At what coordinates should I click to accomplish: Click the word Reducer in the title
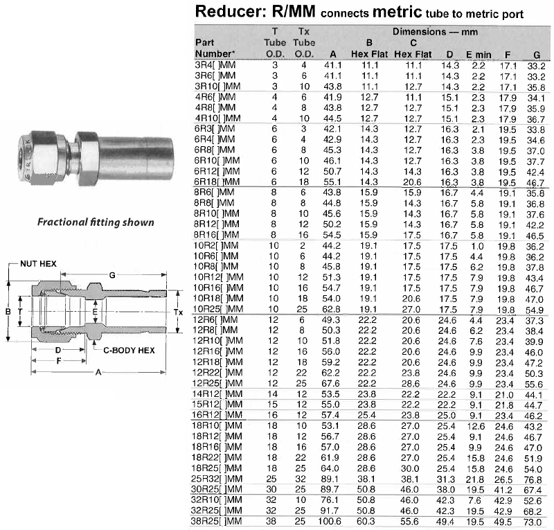(x=231, y=11)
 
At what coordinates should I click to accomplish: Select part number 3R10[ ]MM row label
(x=217, y=87)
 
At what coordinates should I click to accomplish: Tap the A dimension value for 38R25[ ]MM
(x=330, y=521)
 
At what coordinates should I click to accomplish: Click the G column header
(x=537, y=55)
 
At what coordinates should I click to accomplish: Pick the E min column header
(x=479, y=55)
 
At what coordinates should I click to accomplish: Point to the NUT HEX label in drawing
(x=38, y=264)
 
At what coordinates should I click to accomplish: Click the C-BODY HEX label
(x=129, y=351)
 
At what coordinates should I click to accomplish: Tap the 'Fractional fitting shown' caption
(x=96, y=222)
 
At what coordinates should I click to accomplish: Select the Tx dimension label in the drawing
(x=178, y=312)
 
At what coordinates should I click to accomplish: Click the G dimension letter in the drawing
(x=112, y=275)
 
